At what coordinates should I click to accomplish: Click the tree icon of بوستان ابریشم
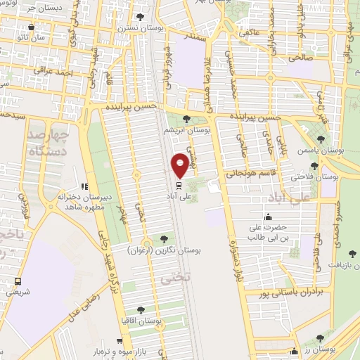coord(186,119)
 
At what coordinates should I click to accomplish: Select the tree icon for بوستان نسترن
coord(140,16)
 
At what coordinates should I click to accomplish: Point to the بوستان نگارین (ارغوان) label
coord(164,250)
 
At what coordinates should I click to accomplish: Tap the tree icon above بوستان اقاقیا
coord(141,309)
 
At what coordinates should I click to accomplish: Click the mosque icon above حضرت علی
coord(268,217)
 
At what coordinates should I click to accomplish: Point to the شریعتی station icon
coord(17,281)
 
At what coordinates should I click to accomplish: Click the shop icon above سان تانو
coord(31,27)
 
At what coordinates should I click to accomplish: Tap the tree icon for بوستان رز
coord(320,338)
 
